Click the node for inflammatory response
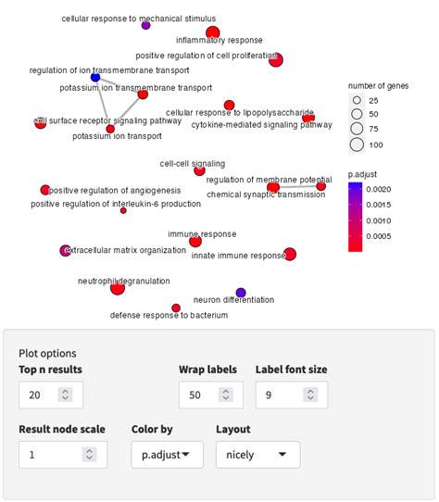click(x=213, y=33)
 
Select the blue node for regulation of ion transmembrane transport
click(x=95, y=78)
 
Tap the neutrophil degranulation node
click(x=118, y=289)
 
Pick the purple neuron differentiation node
click(x=241, y=293)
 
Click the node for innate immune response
click(x=290, y=254)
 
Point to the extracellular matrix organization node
click(x=65, y=250)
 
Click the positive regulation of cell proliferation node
click(x=275, y=60)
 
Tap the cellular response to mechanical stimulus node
click(x=145, y=25)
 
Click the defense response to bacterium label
click(x=169, y=316)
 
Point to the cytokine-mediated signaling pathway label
click(x=261, y=125)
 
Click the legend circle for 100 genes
click(x=357, y=144)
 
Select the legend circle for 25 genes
click(x=357, y=99)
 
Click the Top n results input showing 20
click(x=50, y=395)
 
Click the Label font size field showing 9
click(x=287, y=395)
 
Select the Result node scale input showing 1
click(x=62, y=454)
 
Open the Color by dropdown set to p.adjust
click(x=168, y=454)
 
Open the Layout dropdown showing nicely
click(x=257, y=454)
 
